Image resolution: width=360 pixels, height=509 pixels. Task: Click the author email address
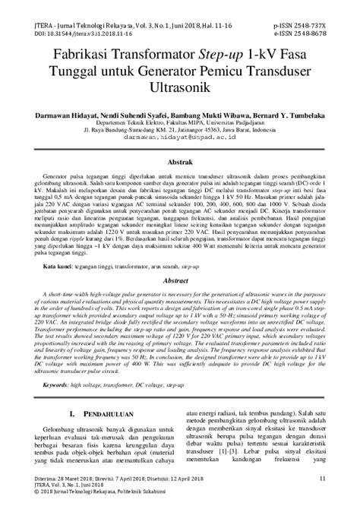(x=180, y=138)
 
